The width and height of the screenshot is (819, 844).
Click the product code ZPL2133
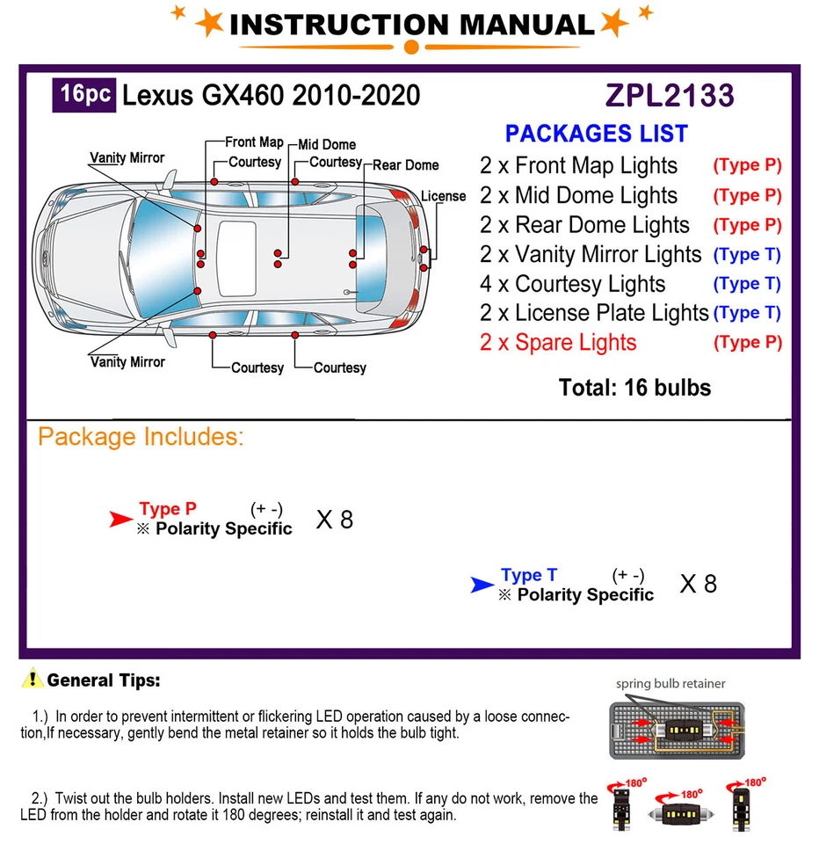tap(670, 95)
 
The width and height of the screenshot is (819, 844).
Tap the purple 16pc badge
tap(83, 93)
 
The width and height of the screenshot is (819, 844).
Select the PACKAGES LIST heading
tap(596, 134)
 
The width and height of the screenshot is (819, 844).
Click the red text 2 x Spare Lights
tap(558, 342)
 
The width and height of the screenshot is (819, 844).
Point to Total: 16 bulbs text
tap(634, 387)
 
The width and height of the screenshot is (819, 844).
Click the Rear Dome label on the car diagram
tap(406, 164)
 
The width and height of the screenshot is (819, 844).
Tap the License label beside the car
tap(443, 196)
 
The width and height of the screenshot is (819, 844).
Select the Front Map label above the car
tap(254, 142)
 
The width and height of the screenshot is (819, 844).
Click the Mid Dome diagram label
tap(327, 144)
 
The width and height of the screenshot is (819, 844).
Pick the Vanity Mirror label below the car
tap(127, 361)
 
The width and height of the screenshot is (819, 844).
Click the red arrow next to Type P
tap(120, 520)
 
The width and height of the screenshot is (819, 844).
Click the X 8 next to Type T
tap(699, 584)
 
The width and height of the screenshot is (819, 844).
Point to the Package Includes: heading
tap(141, 437)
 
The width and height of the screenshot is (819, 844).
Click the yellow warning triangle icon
tap(33, 679)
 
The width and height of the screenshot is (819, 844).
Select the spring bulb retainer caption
tap(670, 683)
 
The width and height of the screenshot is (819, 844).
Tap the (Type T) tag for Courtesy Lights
tap(747, 284)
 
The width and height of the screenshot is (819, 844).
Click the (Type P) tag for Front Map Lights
tap(747, 165)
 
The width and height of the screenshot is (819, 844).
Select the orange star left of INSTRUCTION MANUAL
tap(209, 23)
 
